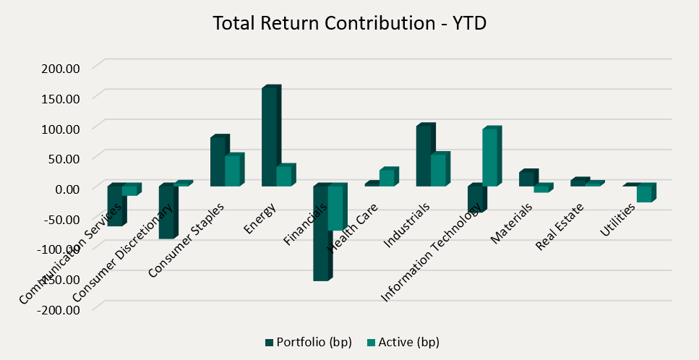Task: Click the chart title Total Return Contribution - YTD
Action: pos(349,23)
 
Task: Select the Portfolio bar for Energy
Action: pos(269,137)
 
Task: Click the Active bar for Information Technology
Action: pos(489,158)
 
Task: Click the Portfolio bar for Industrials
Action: pos(424,156)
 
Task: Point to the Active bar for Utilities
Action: pos(644,194)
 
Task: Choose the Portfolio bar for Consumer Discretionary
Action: pos(166,213)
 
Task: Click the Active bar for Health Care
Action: pos(387,178)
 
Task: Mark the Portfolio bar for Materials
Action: pos(526,179)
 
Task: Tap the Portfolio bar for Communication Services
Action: pos(114,206)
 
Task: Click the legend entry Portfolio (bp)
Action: pos(309,342)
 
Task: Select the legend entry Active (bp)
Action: pos(403,342)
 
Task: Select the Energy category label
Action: pos(258,220)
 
